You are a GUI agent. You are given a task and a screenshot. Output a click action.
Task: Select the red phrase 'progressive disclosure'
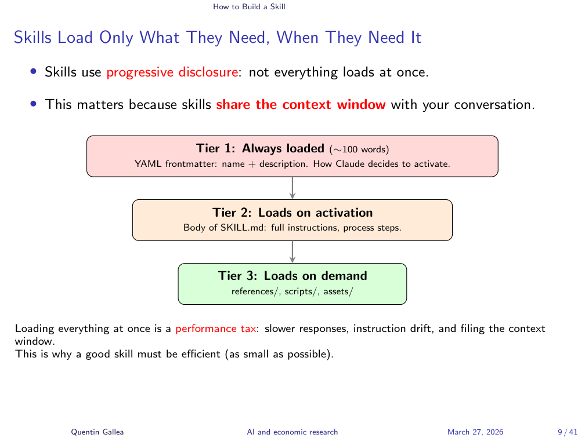point(172,72)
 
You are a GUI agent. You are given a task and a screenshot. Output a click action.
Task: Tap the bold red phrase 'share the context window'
point(301,105)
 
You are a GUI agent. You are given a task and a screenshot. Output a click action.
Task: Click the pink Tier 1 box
point(292,156)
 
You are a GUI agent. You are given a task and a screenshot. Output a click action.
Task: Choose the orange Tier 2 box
point(292,220)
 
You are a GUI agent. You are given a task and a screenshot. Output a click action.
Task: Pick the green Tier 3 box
point(292,284)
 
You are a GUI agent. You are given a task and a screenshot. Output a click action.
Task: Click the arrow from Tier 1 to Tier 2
point(292,188)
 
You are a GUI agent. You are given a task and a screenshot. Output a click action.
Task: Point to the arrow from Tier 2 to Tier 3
point(292,252)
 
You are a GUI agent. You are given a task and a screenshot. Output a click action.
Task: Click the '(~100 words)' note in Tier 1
point(359,149)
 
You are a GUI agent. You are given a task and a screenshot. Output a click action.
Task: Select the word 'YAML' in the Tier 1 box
point(148,164)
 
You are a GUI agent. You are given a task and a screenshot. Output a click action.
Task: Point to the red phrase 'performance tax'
point(216,329)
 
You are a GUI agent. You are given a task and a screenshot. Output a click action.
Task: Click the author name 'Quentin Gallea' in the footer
point(98,432)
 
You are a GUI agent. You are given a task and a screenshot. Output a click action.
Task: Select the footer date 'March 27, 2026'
point(475,432)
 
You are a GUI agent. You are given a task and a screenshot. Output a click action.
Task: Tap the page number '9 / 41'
point(568,432)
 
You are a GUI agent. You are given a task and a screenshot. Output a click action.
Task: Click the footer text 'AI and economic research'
point(292,432)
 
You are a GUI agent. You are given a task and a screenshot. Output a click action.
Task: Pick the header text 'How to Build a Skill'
point(249,7)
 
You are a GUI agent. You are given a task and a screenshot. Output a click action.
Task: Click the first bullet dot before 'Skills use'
point(34,71)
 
